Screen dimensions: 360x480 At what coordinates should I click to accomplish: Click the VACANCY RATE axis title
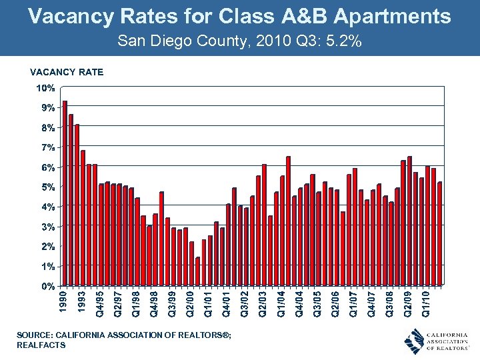point(66,72)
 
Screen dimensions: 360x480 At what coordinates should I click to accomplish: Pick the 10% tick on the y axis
point(45,88)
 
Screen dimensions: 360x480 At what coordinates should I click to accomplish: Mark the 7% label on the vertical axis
point(47,147)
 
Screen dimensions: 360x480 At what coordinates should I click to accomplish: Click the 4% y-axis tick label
point(47,207)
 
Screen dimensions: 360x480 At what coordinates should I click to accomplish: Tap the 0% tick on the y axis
point(47,287)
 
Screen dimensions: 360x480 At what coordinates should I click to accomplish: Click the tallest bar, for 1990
point(65,193)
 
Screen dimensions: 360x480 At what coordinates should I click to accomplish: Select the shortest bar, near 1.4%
point(197,272)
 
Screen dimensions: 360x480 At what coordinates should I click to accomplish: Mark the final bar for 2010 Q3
point(439,234)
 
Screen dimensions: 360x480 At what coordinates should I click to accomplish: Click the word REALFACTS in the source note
point(41,345)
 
